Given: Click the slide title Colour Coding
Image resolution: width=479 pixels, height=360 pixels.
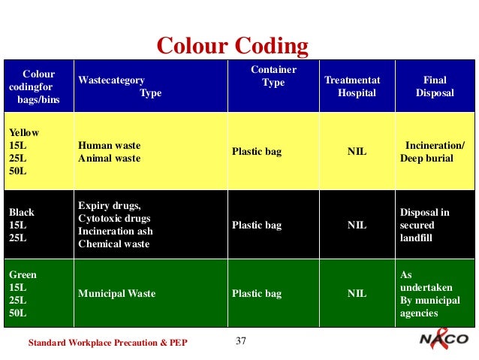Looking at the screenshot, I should click(x=232, y=46).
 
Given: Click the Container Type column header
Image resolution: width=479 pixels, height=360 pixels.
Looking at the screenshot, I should click(x=273, y=77).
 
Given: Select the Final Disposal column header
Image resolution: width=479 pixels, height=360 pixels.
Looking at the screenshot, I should click(x=435, y=86).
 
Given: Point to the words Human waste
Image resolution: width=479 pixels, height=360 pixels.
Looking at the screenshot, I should click(x=110, y=145).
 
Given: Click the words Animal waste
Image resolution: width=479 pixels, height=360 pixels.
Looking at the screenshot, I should click(x=110, y=159).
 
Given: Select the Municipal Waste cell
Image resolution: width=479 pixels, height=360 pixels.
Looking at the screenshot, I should click(x=117, y=294).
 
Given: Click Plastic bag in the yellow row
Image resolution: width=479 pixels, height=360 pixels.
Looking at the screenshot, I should click(x=257, y=152).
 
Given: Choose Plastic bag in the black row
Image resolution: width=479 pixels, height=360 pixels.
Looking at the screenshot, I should click(x=257, y=224).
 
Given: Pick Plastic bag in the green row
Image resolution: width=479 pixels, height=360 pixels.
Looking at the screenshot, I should click(x=257, y=294).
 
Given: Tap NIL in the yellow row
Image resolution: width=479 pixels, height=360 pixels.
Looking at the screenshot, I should click(x=357, y=152).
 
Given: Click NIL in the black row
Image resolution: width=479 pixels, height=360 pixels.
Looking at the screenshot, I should click(x=357, y=224).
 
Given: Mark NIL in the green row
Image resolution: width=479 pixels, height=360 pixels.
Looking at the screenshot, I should click(x=357, y=294).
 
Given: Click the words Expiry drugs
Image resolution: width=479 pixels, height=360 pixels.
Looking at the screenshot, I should click(x=110, y=205).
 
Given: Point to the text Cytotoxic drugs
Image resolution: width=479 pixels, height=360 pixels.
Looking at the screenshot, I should click(x=113, y=218).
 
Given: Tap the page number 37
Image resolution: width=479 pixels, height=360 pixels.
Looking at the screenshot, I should click(x=241, y=342).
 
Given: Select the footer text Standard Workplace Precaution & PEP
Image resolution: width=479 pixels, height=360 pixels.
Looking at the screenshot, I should click(x=107, y=343).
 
